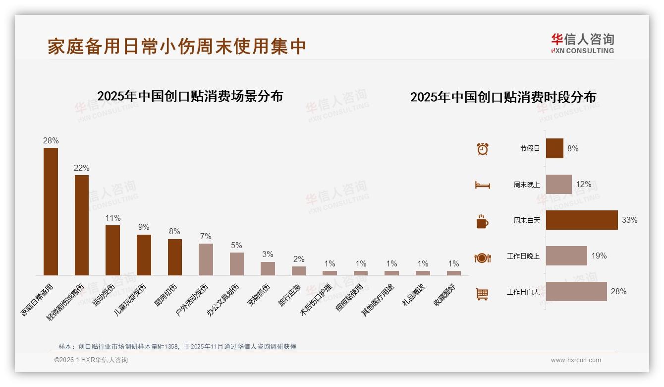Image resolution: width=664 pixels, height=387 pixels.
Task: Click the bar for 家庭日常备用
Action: pyautogui.click(x=51, y=211)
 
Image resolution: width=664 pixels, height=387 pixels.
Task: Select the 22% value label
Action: pyautogui.click(x=81, y=168)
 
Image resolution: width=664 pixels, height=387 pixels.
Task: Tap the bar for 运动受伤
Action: pyautogui.click(x=112, y=250)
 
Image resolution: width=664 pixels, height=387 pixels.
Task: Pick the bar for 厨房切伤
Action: pyautogui.click(x=174, y=257)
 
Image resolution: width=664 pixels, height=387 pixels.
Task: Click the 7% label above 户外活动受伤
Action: pyautogui.click(x=206, y=236)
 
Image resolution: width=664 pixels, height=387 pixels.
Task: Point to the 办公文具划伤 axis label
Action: pyautogui.click(x=223, y=300)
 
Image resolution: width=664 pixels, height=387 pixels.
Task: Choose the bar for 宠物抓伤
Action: pyautogui.click(x=268, y=268)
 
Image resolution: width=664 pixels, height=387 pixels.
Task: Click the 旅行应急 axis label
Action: pyautogui.click(x=289, y=296)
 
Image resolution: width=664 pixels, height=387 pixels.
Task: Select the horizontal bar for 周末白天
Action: pyautogui.click(x=582, y=220)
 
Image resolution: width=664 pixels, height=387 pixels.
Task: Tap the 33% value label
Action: pyautogui.click(x=629, y=220)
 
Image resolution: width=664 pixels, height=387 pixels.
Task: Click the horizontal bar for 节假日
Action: pyautogui.click(x=554, y=148)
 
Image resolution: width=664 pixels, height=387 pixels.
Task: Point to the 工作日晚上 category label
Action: pyautogui.click(x=523, y=256)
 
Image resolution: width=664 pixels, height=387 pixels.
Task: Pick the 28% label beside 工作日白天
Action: pyautogui.click(x=618, y=291)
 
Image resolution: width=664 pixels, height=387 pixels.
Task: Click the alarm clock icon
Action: pyautogui.click(x=482, y=148)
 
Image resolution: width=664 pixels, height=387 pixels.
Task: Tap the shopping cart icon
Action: pyautogui.click(x=482, y=294)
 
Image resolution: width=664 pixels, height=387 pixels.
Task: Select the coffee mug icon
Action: pyautogui.click(x=482, y=221)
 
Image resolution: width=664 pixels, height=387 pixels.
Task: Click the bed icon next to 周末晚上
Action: pyautogui.click(x=482, y=185)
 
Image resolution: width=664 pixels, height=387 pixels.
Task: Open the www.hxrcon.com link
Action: pyautogui.click(x=575, y=360)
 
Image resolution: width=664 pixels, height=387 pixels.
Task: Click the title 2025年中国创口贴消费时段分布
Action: pyautogui.click(x=503, y=97)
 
